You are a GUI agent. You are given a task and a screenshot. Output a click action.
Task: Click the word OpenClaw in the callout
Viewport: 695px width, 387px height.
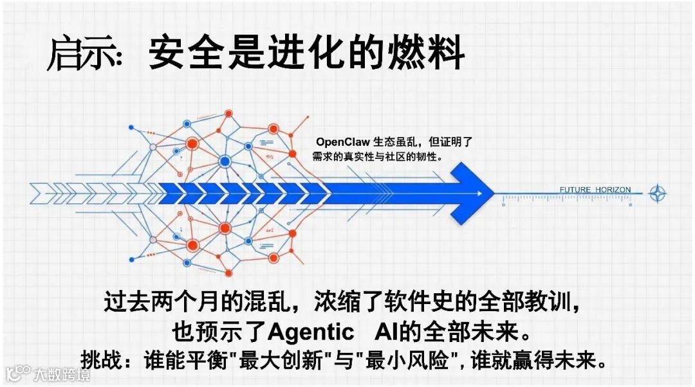[x=343, y=142]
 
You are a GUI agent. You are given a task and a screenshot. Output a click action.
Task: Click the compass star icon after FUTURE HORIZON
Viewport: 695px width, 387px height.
[x=657, y=192]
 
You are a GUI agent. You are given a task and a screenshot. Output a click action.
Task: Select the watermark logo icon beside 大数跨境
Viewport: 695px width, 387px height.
[x=19, y=373]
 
